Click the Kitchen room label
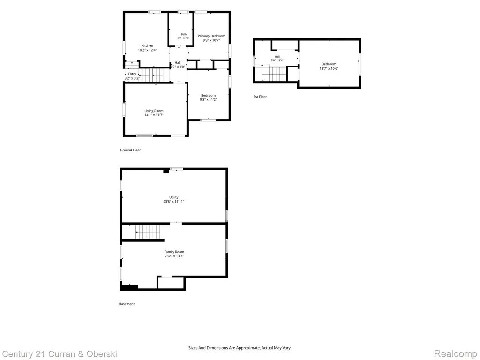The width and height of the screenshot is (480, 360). coord(147,45)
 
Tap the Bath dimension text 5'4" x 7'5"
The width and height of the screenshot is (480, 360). coord(184,38)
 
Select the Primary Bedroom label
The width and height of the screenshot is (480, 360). coord(211,36)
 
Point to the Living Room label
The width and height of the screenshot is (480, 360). coord(154,111)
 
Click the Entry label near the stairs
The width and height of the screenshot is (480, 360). coord(132,74)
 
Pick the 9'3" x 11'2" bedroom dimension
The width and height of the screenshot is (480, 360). coord(209,99)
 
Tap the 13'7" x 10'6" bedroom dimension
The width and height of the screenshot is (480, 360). coord(329,68)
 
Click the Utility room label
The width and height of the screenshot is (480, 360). coord(174,197)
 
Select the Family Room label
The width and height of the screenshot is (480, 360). coord(174,252)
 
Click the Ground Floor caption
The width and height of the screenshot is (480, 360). coord(130,150)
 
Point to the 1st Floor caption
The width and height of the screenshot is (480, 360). coord(260,97)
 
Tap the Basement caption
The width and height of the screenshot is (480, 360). coord(127,304)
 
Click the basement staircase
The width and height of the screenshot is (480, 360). coord(148,232)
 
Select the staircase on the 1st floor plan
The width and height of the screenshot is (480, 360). coord(274,74)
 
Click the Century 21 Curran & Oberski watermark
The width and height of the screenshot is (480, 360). coord(60,354)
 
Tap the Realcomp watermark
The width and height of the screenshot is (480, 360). coord(456,354)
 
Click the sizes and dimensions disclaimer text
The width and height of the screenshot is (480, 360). coord(240,348)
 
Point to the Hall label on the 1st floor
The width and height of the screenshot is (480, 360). coord(277,57)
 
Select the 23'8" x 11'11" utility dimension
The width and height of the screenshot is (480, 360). coord(173,202)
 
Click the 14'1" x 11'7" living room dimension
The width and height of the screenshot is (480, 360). coord(154,115)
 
